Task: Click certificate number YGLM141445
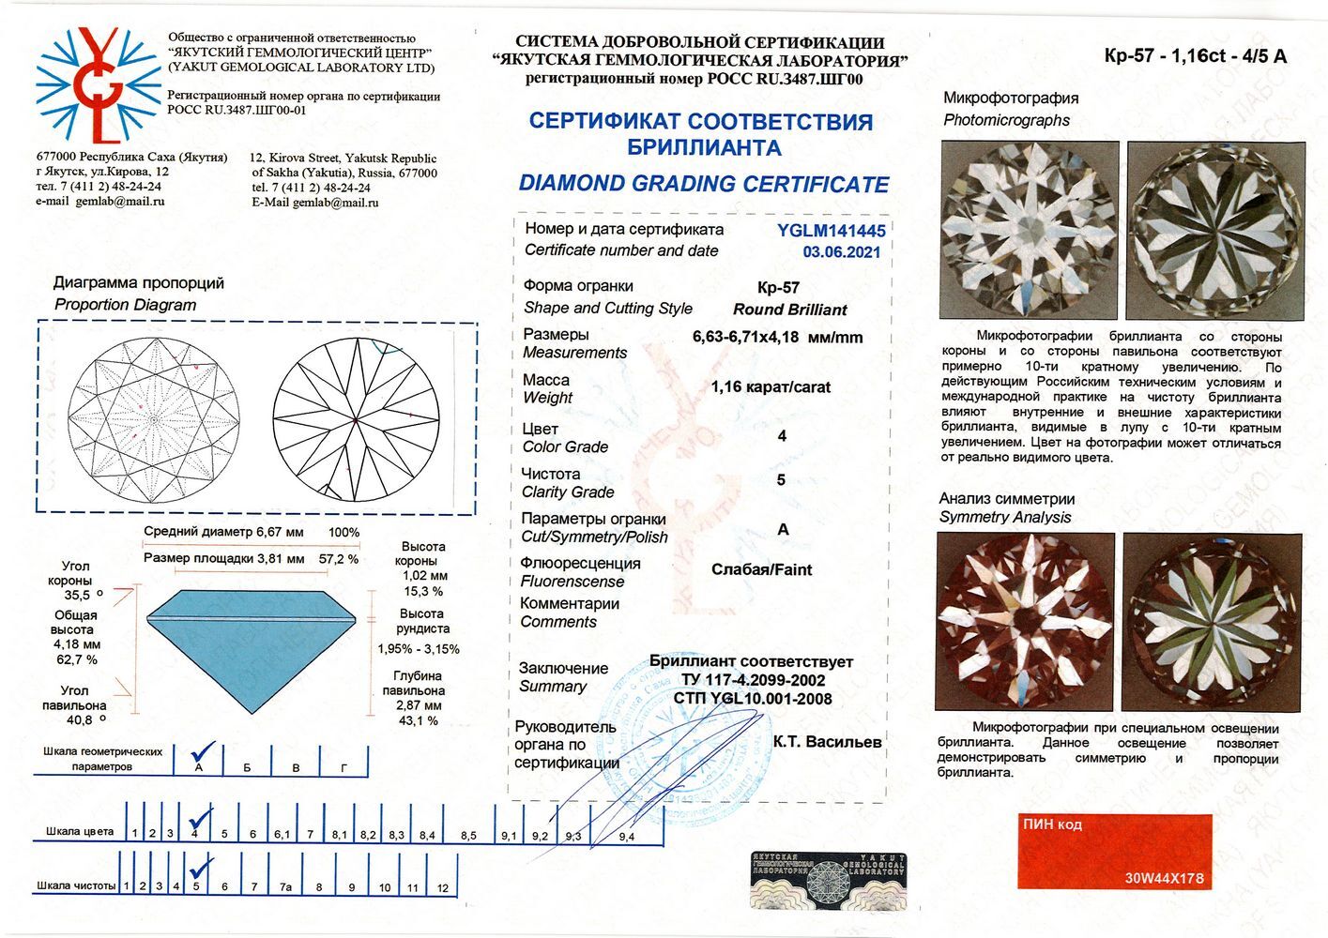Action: pos(831,231)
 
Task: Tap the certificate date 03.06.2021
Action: pos(841,251)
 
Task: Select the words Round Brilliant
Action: pos(789,310)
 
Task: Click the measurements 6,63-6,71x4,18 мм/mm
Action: pos(777,337)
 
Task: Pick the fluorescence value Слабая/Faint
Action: pos(761,569)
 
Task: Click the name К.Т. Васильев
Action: pos(827,741)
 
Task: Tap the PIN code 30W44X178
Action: pos(1164,879)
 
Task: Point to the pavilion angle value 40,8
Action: pos(79,720)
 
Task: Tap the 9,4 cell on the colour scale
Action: pos(626,836)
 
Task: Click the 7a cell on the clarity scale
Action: pos(285,886)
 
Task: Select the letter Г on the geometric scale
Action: pos(343,767)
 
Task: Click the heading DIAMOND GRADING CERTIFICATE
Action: pos(703,184)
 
